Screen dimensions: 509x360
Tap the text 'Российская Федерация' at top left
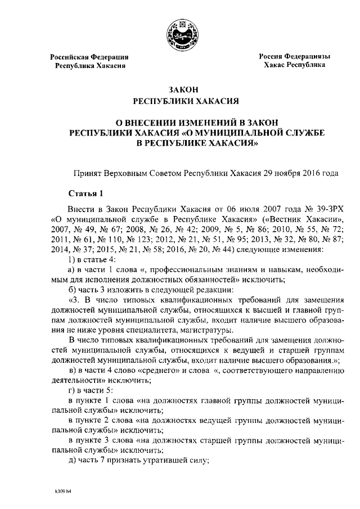click(89, 57)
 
